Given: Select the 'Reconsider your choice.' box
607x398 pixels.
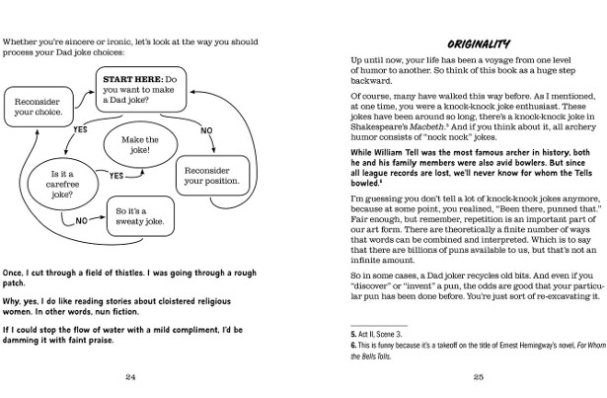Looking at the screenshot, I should (x=37, y=107).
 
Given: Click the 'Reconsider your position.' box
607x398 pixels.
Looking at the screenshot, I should (x=208, y=175).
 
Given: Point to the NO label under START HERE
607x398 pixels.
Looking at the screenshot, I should (x=205, y=129).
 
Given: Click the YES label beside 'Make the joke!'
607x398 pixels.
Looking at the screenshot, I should (x=117, y=175).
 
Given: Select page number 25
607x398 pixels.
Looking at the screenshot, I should (x=478, y=376).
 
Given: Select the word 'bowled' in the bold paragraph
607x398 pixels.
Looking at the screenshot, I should (x=366, y=184).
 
